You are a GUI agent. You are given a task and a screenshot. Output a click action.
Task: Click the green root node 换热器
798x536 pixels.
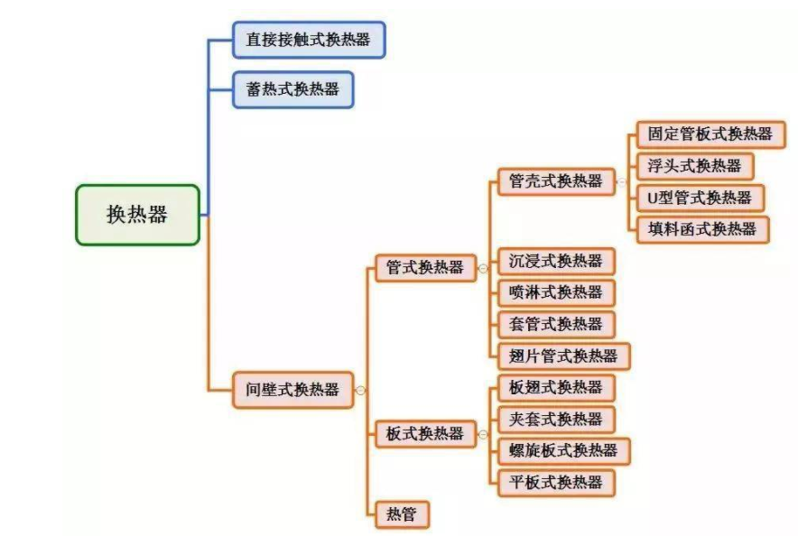137,215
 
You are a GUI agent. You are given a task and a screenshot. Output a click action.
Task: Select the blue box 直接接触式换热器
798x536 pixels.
308,40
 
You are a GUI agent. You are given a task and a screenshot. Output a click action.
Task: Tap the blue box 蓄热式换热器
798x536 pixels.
292,89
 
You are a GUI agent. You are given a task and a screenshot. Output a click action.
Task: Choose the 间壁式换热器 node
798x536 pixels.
292,390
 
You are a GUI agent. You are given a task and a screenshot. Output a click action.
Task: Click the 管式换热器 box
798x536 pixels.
424,267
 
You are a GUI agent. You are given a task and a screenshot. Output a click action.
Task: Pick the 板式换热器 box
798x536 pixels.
424,434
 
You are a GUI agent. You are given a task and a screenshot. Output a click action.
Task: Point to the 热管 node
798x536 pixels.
402,513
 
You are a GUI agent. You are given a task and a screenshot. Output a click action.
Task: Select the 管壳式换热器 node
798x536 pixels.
555,180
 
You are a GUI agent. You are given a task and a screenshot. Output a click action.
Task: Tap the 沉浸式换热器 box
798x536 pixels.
555,261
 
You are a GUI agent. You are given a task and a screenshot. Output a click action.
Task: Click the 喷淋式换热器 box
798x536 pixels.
555,292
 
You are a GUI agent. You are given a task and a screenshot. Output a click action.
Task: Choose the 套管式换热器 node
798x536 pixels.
555,324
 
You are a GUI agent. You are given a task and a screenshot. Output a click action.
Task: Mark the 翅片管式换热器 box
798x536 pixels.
563,356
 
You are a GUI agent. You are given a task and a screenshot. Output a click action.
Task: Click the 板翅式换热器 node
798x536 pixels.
555,387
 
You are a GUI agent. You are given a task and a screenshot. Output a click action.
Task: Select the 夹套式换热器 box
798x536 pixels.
555,419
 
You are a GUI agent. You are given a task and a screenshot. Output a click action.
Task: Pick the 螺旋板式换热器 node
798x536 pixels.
563,450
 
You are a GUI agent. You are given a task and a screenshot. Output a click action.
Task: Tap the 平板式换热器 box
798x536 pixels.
555,482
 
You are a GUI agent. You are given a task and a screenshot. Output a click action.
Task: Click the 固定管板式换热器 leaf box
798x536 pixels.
710,134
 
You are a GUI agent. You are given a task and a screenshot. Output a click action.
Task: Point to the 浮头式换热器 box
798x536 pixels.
694,166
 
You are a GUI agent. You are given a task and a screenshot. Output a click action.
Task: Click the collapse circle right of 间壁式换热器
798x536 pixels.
360,391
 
